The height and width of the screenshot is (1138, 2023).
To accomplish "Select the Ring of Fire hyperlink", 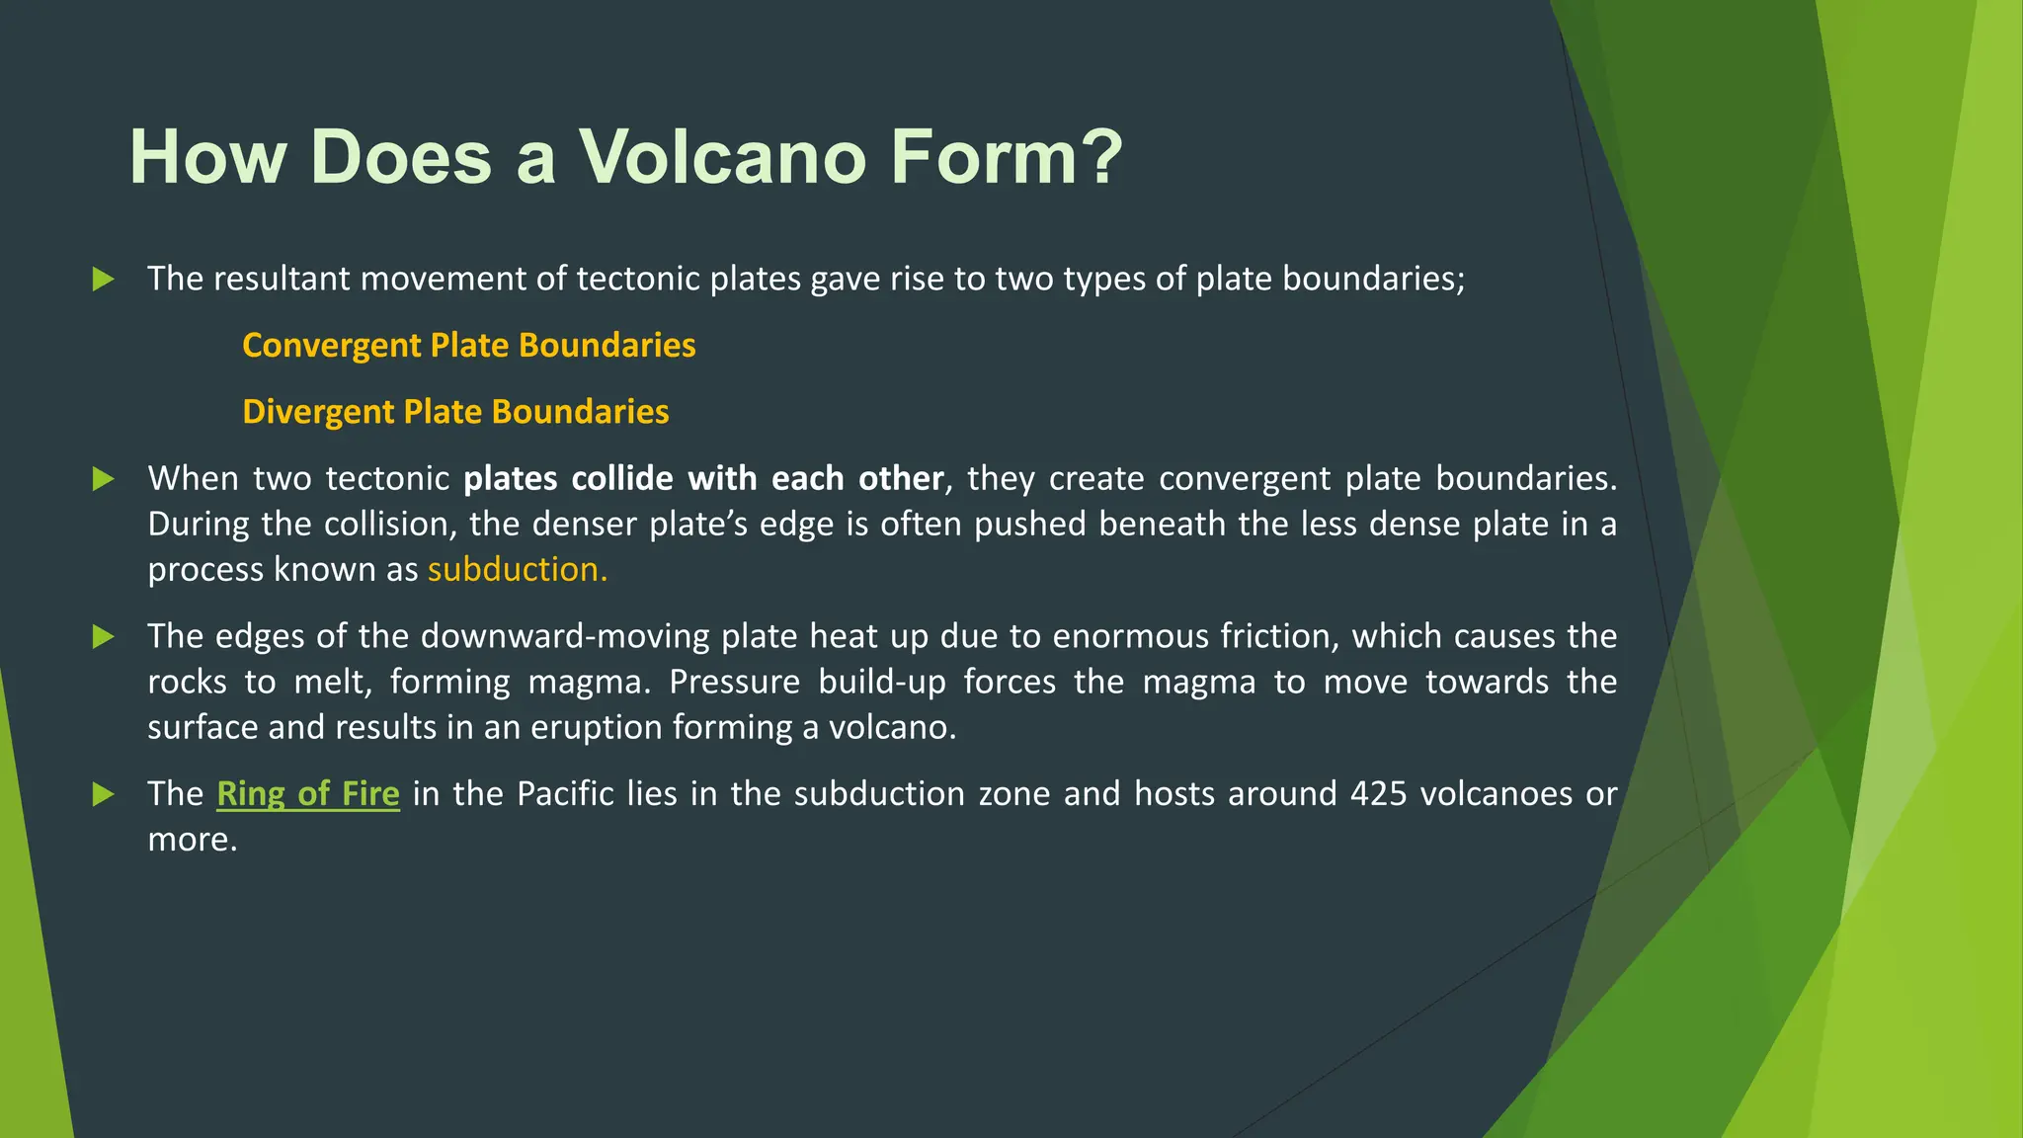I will tap(308, 794).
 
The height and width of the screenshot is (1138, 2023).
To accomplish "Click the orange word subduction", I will tap(517, 570).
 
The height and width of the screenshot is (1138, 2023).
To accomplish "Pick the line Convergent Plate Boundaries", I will tap(469, 346).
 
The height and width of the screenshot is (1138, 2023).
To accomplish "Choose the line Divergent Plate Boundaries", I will tap(455, 412).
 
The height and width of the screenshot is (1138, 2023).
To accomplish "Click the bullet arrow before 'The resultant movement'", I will tap(103, 280).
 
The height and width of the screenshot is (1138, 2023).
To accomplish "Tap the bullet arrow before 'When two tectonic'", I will tap(103, 479).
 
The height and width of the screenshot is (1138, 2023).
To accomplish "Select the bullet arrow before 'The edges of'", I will tap(103, 637).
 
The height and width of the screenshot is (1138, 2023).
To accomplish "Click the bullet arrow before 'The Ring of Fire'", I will tap(103, 794).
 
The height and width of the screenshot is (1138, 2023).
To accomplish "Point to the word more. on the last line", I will tap(193, 841).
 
